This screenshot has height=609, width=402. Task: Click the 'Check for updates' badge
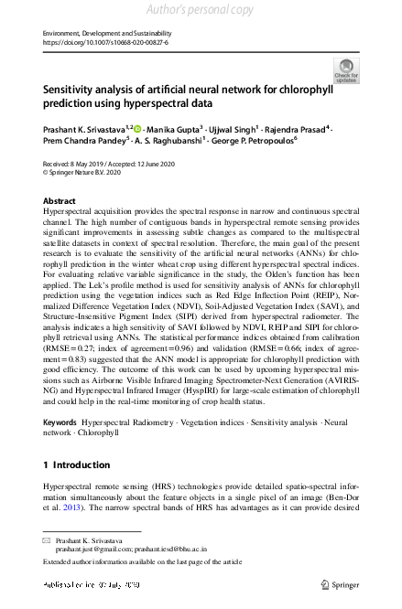346,69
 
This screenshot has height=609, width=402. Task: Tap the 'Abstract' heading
60,200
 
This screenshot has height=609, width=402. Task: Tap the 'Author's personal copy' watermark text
201,10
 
